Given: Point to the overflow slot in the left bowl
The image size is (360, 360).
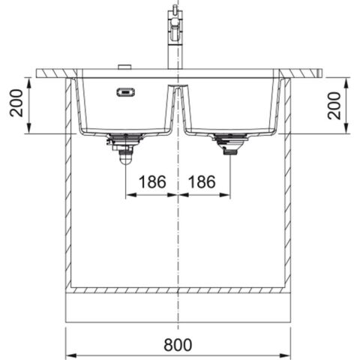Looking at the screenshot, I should [x=124, y=92].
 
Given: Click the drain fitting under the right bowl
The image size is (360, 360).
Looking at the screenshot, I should [x=229, y=142].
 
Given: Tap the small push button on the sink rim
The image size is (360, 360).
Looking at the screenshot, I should [x=124, y=67].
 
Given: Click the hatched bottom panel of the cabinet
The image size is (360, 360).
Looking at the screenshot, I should [x=178, y=289].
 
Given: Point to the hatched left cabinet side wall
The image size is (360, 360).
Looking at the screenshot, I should [x=68, y=187].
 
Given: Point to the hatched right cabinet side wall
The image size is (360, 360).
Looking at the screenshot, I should [x=288, y=187].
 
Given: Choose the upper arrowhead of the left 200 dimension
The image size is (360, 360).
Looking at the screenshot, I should [x=27, y=81].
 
